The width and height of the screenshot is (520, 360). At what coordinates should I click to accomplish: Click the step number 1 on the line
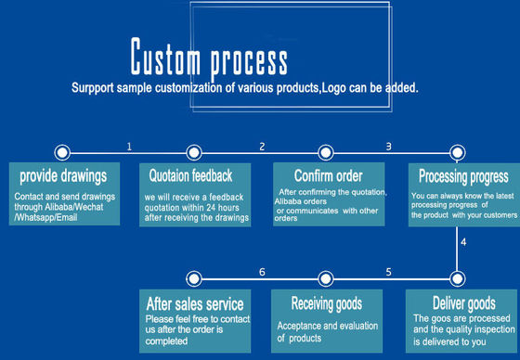(x=129, y=147)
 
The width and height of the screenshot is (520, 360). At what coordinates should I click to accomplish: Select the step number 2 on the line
(x=262, y=147)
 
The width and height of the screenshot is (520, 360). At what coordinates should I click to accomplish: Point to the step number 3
(x=389, y=147)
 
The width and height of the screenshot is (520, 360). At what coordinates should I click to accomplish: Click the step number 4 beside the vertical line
(x=463, y=242)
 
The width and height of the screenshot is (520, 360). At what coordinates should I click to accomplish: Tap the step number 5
(x=389, y=272)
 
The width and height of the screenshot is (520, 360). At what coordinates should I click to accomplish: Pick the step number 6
(x=262, y=272)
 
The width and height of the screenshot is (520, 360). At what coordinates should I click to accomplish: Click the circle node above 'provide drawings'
(x=62, y=153)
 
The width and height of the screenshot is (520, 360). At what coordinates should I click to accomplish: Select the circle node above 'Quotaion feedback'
(x=194, y=153)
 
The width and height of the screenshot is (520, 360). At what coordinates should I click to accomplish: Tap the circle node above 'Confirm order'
(x=326, y=153)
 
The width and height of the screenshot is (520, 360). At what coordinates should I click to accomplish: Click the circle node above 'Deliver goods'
(x=457, y=278)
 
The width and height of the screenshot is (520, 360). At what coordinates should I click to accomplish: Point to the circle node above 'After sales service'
(x=194, y=278)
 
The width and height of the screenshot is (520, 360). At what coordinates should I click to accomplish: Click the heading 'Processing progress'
(x=463, y=176)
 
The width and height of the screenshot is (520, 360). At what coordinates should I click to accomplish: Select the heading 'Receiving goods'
(x=327, y=303)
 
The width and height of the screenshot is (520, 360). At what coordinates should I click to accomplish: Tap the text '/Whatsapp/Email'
(x=45, y=218)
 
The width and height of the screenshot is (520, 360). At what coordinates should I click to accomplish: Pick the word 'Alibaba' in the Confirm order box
(x=288, y=201)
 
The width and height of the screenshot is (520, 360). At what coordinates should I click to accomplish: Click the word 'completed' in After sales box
(x=166, y=341)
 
